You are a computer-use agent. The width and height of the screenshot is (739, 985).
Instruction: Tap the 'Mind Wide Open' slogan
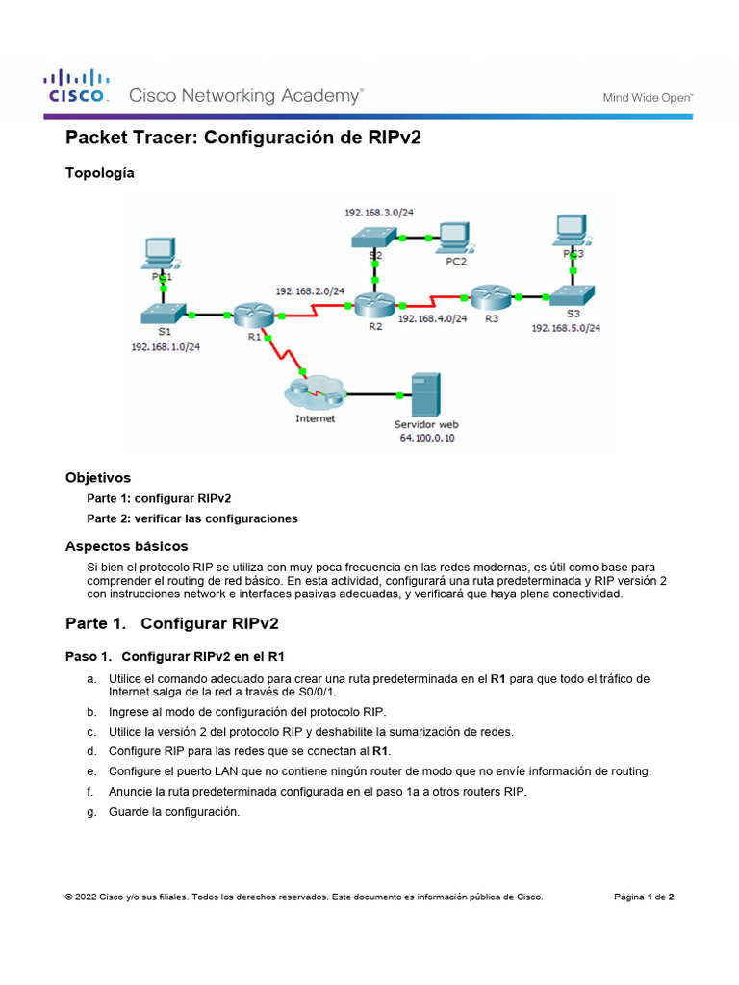[648, 97]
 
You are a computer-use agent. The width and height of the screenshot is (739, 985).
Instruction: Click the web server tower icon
[423, 394]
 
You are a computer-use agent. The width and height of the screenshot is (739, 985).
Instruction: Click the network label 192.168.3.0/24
[379, 210]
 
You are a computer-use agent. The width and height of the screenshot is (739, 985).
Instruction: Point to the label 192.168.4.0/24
[432, 318]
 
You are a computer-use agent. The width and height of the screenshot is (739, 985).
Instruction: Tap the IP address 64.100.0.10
[427, 438]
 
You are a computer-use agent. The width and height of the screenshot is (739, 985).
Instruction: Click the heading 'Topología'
[100, 173]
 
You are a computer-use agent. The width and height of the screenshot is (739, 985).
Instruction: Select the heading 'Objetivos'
[98, 477]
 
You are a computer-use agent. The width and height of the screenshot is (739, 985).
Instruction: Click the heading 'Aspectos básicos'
[126, 545]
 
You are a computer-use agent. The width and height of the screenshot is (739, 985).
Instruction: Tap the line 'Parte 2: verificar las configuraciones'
[192, 518]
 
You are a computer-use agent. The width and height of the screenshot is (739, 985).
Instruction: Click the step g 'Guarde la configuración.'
[173, 812]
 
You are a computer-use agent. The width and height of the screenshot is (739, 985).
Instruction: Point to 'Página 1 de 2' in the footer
[644, 897]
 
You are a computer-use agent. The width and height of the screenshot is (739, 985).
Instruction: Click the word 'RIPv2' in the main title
[395, 138]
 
